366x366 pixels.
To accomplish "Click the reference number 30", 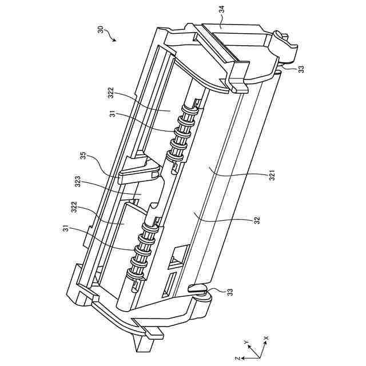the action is pyautogui.click(x=100, y=30).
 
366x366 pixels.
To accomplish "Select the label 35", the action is pyautogui.click(x=83, y=156).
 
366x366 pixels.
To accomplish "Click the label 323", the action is pyautogui.click(x=78, y=181).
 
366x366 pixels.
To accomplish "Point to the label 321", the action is pyautogui.click(x=272, y=176).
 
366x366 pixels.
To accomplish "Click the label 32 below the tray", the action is pyautogui.click(x=257, y=220).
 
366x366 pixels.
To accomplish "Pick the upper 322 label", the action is pyautogui.click(x=111, y=93).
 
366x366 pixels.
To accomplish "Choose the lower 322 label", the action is pyautogui.click(x=74, y=207).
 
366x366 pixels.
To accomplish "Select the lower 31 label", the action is pyautogui.click(x=66, y=229).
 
